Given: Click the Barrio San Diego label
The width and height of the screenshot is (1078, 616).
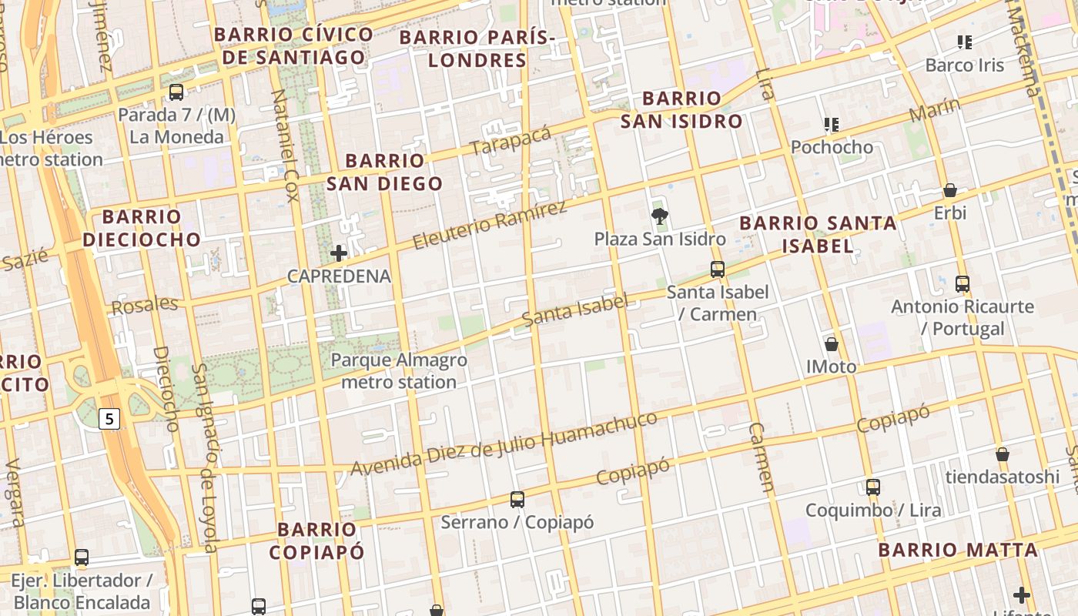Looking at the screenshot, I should pos(384,172).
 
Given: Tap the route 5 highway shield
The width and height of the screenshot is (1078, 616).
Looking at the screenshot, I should pos(110,419).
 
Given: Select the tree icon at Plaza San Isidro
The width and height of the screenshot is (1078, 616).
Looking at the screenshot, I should pos(659,216).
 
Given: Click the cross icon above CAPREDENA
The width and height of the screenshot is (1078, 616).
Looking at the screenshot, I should pos(339,253).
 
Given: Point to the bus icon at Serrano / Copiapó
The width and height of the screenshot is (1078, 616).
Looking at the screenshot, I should pos(517,500).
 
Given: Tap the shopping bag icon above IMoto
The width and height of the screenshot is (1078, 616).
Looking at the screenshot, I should pos(832,343).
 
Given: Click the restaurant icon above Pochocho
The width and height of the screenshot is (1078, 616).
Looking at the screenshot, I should pos(832,124).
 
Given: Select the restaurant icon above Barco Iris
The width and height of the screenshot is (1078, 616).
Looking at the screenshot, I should pos(965,42).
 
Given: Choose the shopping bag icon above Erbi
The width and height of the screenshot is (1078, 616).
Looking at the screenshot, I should pos(950,189).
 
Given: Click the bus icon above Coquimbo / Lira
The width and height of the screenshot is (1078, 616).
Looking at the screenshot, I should pos(872,487).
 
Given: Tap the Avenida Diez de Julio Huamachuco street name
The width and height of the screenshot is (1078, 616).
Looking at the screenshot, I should pos(504,443).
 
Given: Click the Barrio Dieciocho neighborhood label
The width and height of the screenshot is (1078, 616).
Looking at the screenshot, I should pos(142,228).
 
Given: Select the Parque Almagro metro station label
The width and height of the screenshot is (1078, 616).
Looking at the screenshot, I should pos(399,371).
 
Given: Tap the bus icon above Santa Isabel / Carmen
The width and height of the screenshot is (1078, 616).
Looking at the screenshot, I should pos(718,269).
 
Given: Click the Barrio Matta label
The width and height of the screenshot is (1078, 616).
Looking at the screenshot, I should pos(958,550).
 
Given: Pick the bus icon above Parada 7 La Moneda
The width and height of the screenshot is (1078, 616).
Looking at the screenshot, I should pos(176,92).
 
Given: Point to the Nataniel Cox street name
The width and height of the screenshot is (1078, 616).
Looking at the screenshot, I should pos(284,145).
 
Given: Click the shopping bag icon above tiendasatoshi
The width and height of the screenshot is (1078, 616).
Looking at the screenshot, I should pos(1003,454).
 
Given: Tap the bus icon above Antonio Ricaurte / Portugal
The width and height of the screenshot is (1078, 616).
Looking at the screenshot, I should pos(962,284).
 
